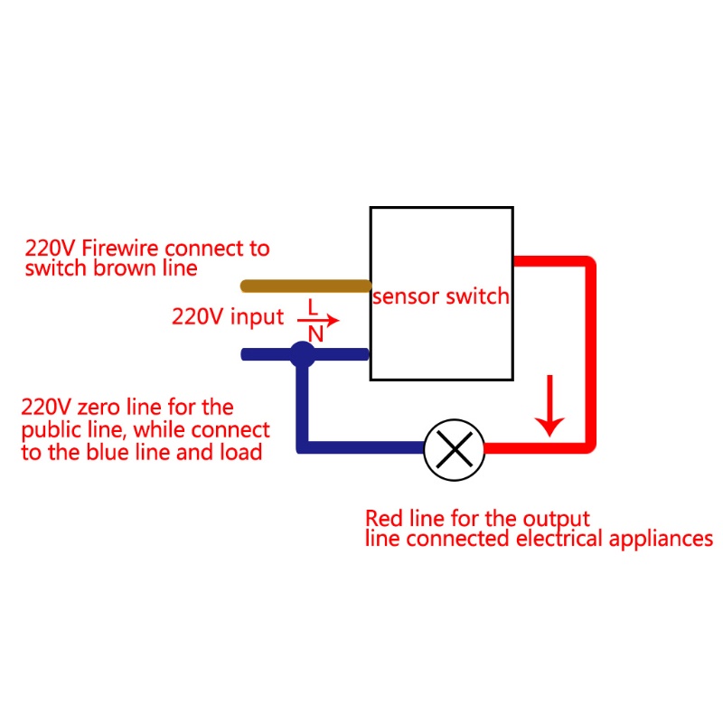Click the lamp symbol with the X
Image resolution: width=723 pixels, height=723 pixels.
pyautogui.click(x=455, y=449)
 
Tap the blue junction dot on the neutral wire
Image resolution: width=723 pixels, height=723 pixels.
pyautogui.click(x=303, y=354)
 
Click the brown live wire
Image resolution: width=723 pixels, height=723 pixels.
pyautogui.click(x=305, y=286)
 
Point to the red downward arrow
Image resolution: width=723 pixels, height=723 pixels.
pyautogui.click(x=549, y=406)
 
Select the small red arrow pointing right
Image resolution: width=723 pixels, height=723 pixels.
pyautogui.click(x=318, y=320)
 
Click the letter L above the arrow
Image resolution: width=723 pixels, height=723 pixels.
pyautogui.click(x=313, y=307)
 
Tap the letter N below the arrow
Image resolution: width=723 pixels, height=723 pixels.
pyautogui.click(x=315, y=334)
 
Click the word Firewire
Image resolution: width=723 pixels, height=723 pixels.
pyautogui.click(x=120, y=248)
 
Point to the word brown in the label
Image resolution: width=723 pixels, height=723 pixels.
pyautogui.click(x=125, y=268)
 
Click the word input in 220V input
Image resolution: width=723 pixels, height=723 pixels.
pyautogui.click(x=257, y=317)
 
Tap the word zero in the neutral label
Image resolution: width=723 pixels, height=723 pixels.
pyautogui.click(x=99, y=408)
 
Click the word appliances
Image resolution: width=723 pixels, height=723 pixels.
pyautogui.click(x=661, y=540)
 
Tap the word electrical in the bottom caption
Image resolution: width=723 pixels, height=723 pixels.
pyautogui.click(x=559, y=538)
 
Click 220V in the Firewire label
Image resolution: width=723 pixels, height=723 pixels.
pyautogui.click(x=50, y=249)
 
